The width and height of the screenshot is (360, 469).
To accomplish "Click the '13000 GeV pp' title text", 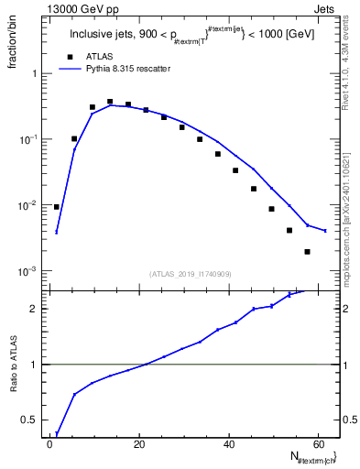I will point(80,8).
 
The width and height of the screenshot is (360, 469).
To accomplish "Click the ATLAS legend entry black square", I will point(68,56).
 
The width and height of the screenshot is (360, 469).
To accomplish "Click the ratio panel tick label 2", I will point(34,309).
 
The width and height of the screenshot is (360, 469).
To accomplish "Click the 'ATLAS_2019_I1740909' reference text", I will point(190,274).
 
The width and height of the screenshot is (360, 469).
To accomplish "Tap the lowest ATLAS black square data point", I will point(307,252).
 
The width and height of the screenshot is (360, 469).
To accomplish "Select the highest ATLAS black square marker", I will point(110,102).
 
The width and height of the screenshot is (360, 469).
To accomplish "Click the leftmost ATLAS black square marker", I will point(57,207).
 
